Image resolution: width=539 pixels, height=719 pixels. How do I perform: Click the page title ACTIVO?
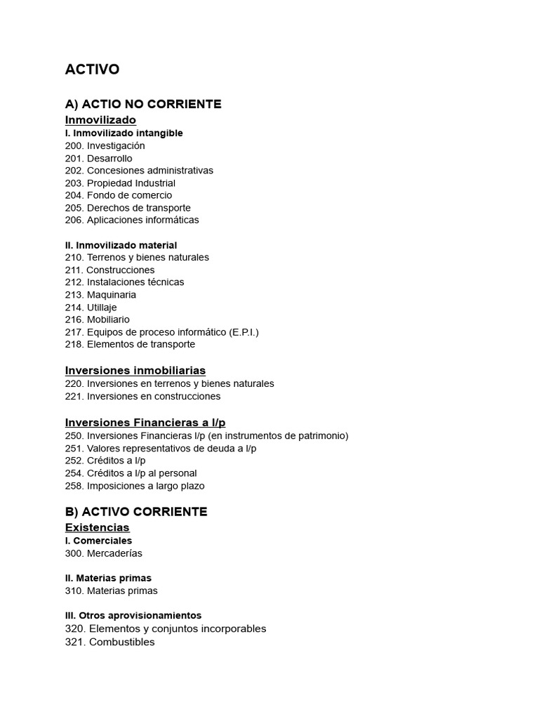pyautogui.click(x=92, y=70)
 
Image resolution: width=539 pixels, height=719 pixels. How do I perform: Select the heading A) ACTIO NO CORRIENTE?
pyautogui.click(x=143, y=105)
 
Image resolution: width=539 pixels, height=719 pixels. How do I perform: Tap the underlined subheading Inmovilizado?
pyautogui.click(x=100, y=120)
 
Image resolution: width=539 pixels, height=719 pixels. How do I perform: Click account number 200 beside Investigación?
pyautogui.click(x=73, y=146)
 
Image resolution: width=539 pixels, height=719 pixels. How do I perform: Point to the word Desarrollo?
pyautogui.click(x=109, y=159)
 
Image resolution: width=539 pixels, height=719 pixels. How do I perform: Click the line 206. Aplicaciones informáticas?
pyautogui.click(x=132, y=220)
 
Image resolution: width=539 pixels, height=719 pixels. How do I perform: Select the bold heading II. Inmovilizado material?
pyautogui.click(x=121, y=245)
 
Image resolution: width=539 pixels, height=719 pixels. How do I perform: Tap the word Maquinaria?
pyautogui.click(x=112, y=295)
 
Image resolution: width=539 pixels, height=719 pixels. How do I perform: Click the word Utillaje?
pyautogui.click(x=102, y=308)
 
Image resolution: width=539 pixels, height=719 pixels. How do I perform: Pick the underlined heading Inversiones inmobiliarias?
pyautogui.click(x=135, y=371)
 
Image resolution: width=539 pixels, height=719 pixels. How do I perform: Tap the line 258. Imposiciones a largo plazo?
pyautogui.click(x=135, y=486)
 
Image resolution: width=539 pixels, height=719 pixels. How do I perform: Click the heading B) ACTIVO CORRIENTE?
pyautogui.click(x=136, y=512)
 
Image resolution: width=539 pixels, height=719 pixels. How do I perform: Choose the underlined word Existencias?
pyautogui.click(x=97, y=527)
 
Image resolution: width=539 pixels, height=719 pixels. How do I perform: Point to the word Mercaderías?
pyautogui.click(x=114, y=553)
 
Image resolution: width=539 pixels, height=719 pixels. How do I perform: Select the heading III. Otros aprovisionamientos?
pyautogui.click(x=133, y=616)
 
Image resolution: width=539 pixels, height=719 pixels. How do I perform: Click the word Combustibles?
pyautogui.click(x=121, y=642)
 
